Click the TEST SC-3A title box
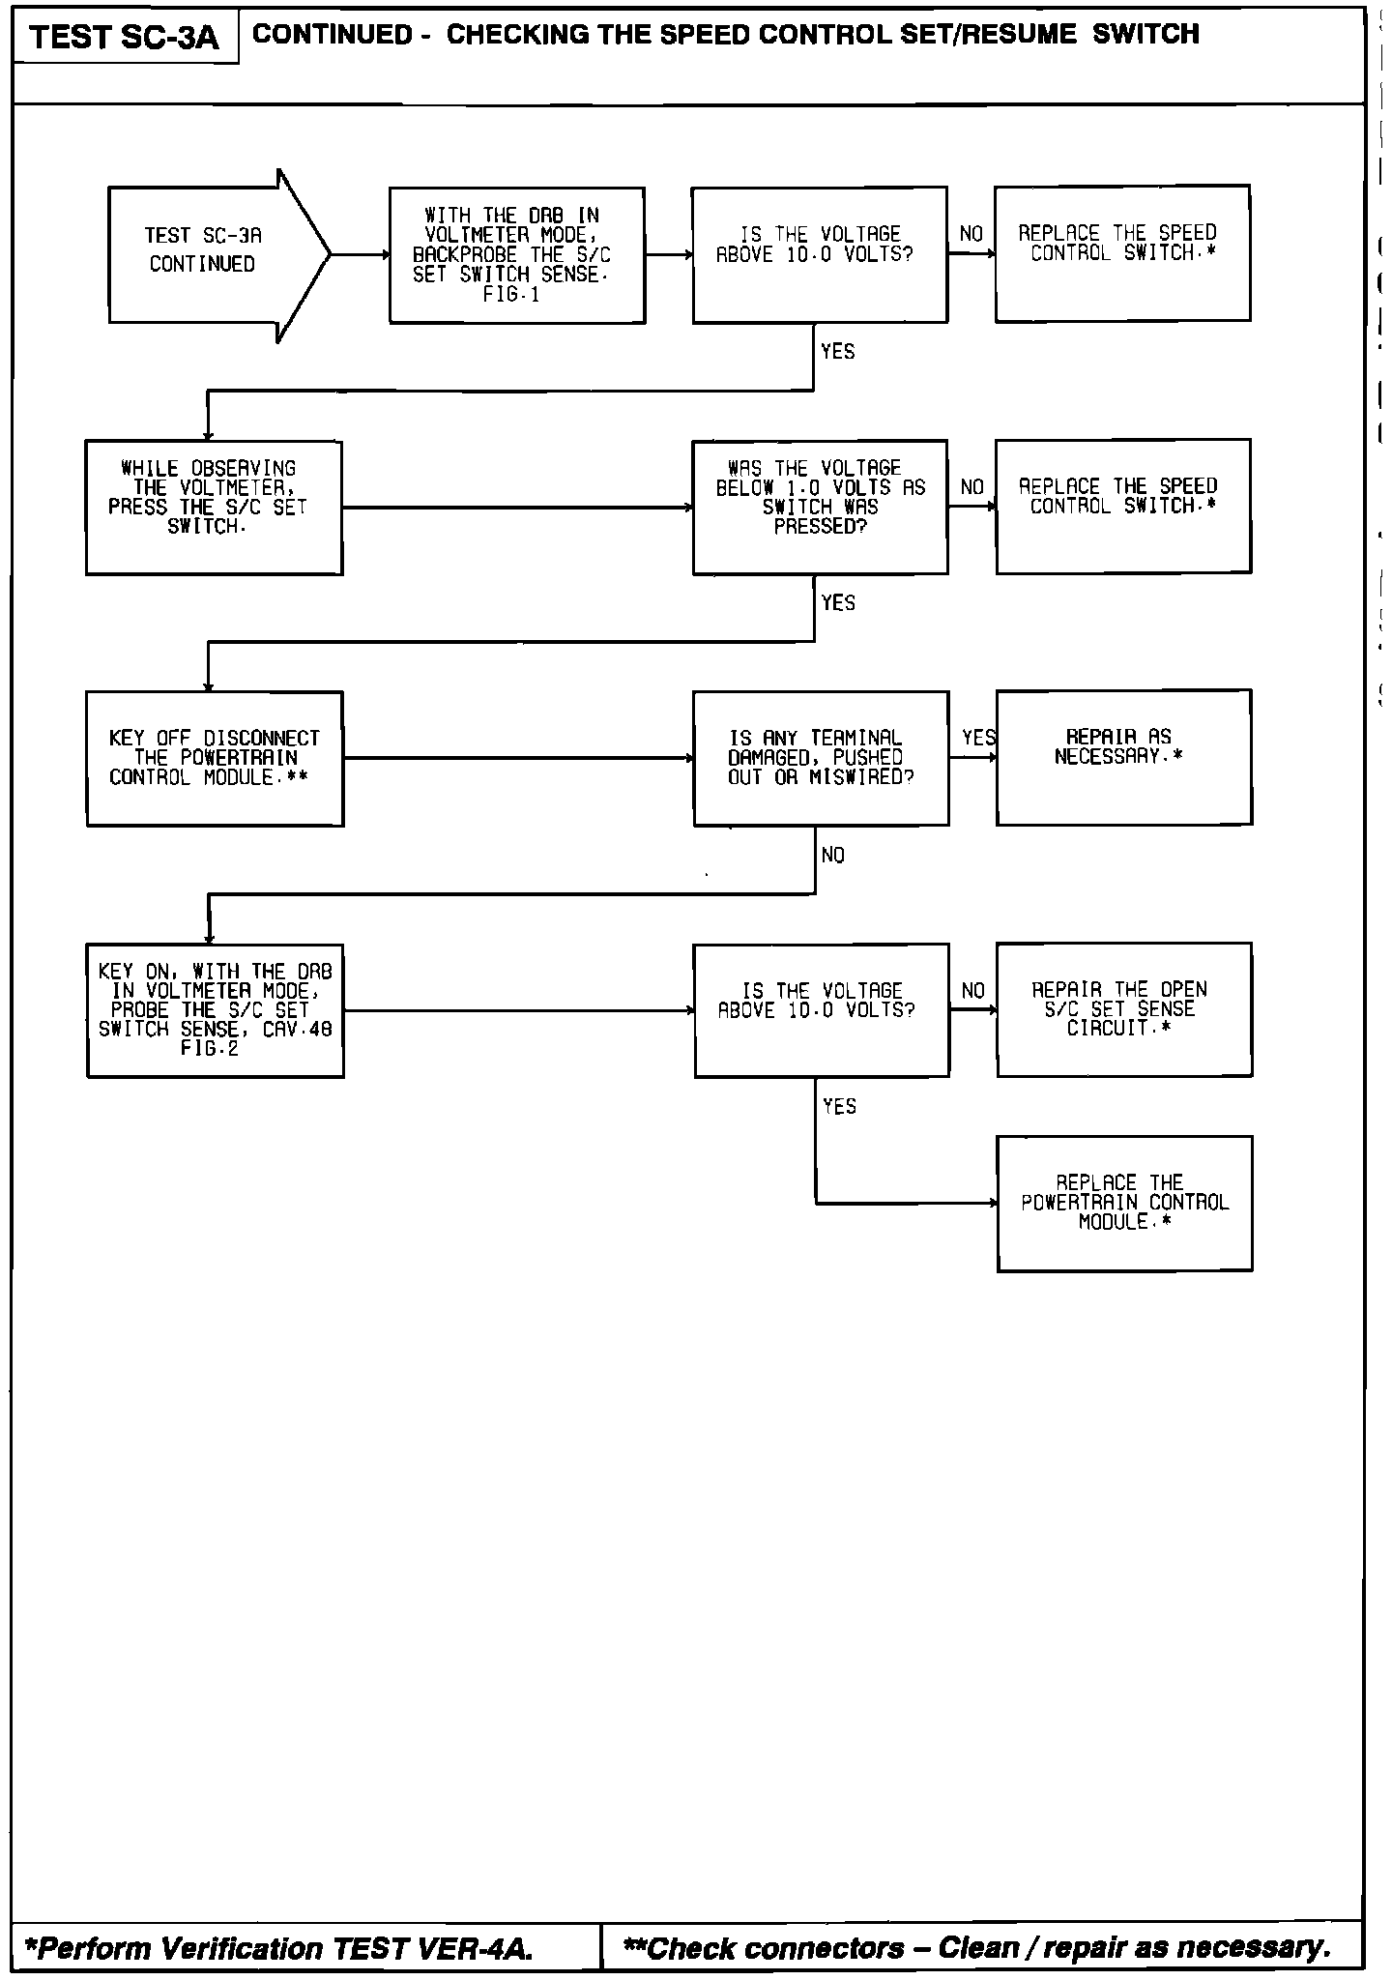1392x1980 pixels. pos(125,37)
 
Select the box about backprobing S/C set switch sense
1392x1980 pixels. pos(516,255)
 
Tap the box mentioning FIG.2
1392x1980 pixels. pos(215,1010)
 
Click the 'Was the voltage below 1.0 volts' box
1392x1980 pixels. pos(820,507)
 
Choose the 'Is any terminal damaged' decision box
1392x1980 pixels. pos(821,758)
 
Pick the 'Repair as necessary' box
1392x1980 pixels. pos(1123,757)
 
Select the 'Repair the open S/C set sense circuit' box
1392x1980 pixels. pos(1123,1009)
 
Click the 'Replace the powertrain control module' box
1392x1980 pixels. pos(1124,1203)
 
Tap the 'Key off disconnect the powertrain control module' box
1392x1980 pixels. pos(215,758)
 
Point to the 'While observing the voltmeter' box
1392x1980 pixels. pos(214,507)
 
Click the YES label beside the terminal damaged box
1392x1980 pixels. pos(978,738)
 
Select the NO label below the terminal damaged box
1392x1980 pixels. pos(832,856)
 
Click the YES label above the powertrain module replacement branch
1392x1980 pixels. pos(839,1106)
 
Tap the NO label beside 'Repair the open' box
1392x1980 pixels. pos(972,991)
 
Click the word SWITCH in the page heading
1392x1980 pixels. pos(1145,35)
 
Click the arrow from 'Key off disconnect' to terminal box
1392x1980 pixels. pos(518,758)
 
